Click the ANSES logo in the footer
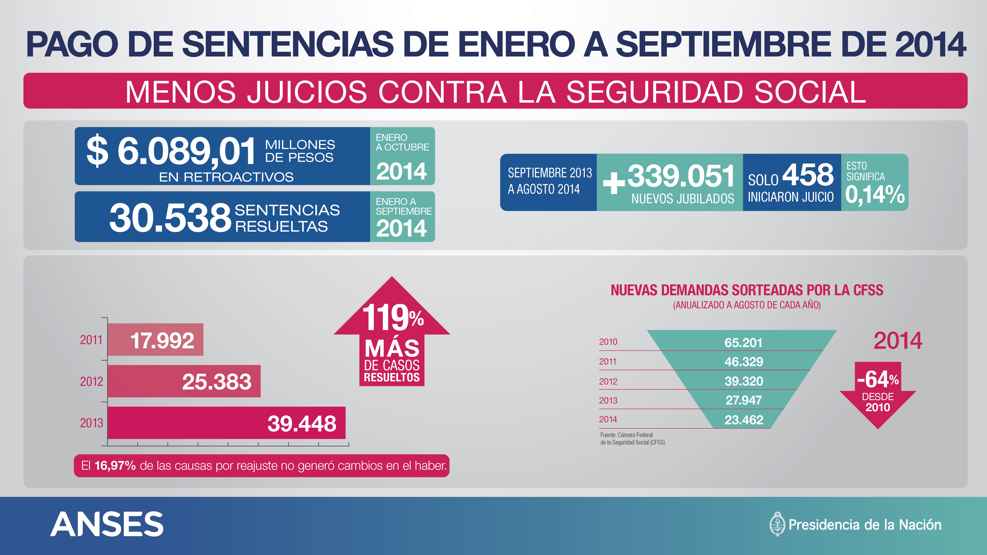click(107, 524)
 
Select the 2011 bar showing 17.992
click(155, 340)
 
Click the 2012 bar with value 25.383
click(184, 381)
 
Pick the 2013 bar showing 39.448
click(227, 423)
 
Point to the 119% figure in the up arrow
click(393, 317)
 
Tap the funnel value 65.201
click(743, 342)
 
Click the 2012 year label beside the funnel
click(608, 382)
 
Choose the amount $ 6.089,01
click(171, 151)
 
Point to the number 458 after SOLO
click(808, 175)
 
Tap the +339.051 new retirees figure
click(669, 176)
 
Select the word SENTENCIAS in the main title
click(288, 44)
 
